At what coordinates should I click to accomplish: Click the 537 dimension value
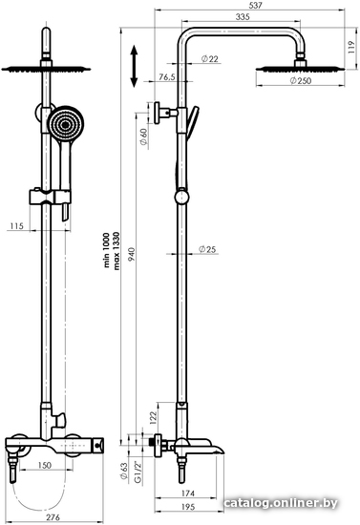[256, 5]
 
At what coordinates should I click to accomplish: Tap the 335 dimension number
[243, 16]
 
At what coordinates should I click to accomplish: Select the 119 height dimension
[350, 48]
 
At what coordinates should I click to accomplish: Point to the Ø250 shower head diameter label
[301, 81]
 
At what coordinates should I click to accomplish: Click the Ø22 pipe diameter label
[210, 59]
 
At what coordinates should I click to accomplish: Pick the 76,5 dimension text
[167, 77]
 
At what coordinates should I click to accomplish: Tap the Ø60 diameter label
[143, 136]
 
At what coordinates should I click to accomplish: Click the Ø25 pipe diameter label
[207, 249]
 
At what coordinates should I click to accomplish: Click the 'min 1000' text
[107, 250]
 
